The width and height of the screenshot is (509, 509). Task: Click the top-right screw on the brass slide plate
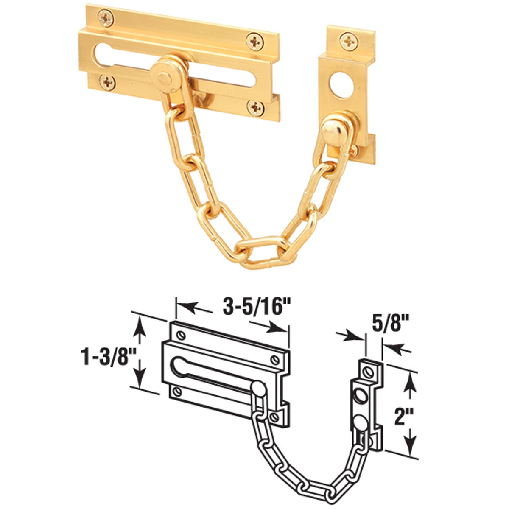[x=255, y=42]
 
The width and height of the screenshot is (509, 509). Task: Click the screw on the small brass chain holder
[x=348, y=41]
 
